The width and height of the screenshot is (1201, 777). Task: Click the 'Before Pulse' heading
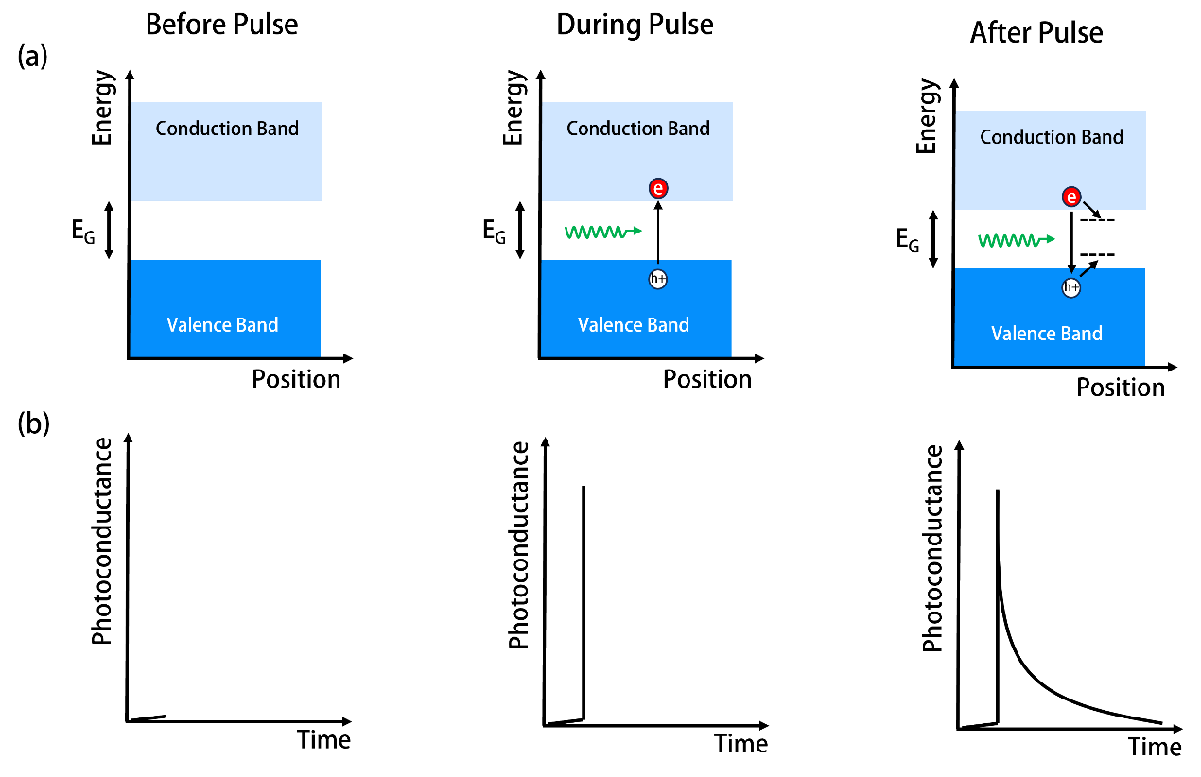click(x=222, y=25)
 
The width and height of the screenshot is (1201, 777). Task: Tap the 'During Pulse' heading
click(x=635, y=25)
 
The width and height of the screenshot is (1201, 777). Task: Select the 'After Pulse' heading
click(x=1036, y=33)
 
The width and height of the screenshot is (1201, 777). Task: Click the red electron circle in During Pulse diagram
click(x=658, y=188)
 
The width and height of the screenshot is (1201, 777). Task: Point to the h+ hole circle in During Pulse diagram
click(x=658, y=279)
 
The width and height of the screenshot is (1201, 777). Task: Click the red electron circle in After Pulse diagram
click(x=1071, y=197)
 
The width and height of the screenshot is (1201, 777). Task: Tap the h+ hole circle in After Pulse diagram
click(x=1071, y=287)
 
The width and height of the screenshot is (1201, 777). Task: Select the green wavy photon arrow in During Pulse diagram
click(x=603, y=232)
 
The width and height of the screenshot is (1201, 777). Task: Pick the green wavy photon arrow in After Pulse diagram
click(x=1017, y=240)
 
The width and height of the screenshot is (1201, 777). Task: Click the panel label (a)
click(x=33, y=57)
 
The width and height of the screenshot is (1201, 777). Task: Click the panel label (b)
click(x=33, y=423)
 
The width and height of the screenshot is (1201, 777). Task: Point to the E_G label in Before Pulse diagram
click(x=83, y=232)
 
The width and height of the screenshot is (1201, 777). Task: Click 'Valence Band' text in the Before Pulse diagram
click(x=222, y=325)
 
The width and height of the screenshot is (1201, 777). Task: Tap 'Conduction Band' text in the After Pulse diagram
click(x=1052, y=137)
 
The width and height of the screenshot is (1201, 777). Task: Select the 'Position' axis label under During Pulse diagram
click(x=707, y=379)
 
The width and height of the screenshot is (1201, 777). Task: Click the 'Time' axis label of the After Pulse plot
click(x=1155, y=747)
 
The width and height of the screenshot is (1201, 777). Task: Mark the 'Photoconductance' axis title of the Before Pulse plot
click(x=102, y=542)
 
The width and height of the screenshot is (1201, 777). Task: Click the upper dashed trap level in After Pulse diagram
click(x=1097, y=220)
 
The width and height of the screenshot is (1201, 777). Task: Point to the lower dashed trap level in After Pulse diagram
click(x=1097, y=254)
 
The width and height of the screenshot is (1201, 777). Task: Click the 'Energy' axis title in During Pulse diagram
click(x=514, y=107)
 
